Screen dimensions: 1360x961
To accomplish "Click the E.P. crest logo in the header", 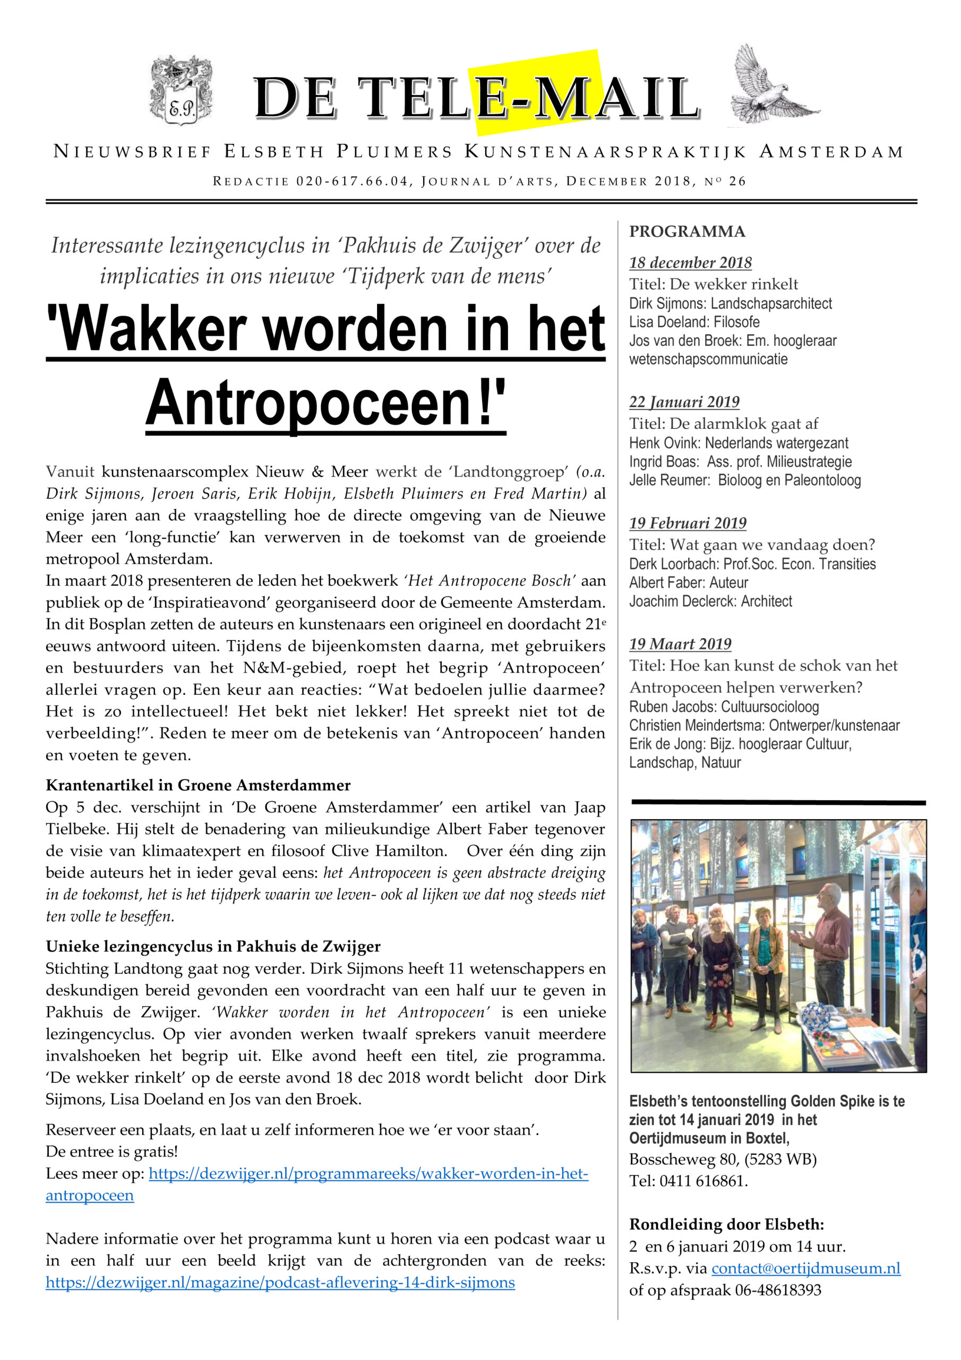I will [181, 91].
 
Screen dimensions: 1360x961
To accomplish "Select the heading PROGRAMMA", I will [687, 232].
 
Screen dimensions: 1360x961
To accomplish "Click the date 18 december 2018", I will [690, 263].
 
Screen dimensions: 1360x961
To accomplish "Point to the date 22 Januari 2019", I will [684, 402].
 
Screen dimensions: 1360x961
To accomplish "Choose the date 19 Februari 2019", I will [688, 523].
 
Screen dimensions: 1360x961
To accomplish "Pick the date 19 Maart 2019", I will [680, 644].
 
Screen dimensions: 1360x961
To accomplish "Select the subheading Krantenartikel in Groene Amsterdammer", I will [198, 785].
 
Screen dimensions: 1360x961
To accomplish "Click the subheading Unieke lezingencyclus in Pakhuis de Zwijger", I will [212, 947].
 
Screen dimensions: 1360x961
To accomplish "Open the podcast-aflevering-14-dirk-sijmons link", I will [280, 1283].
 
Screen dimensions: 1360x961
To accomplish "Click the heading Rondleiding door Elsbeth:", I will [726, 1225].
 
